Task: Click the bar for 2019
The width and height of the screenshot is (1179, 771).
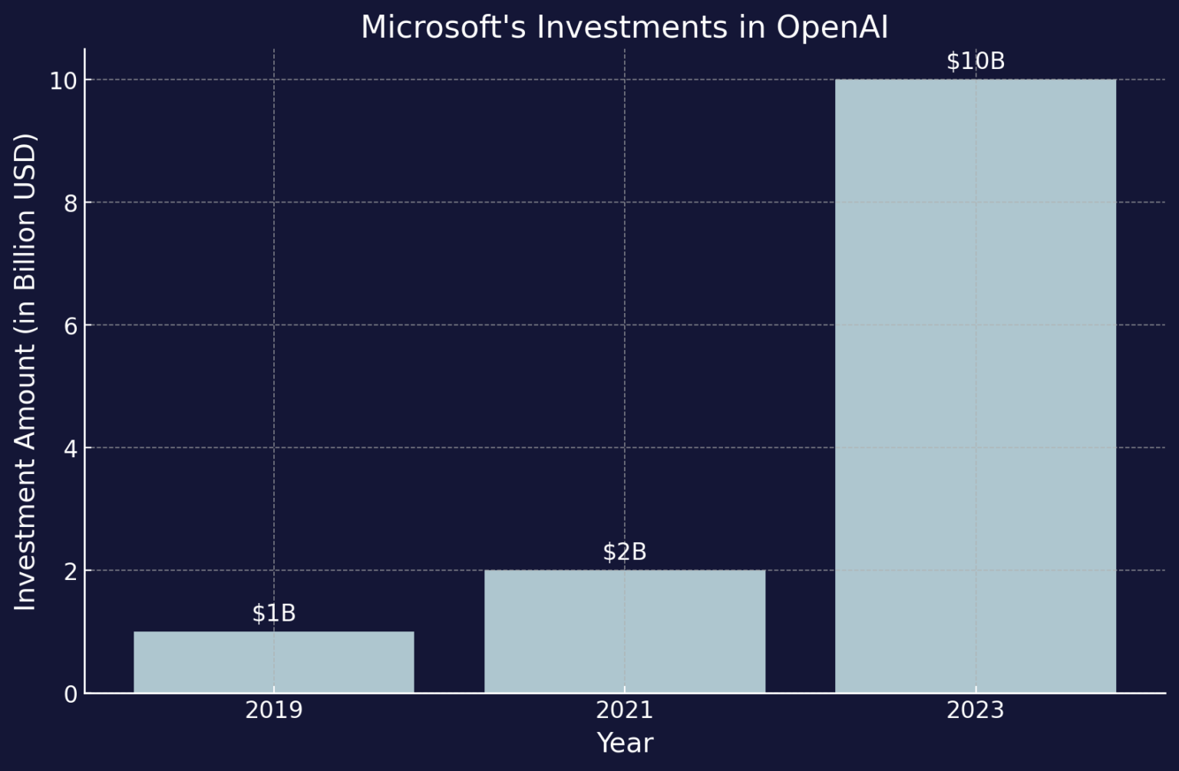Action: click(274, 661)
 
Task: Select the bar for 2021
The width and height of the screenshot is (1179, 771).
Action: click(625, 631)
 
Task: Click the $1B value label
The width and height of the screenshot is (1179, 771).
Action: click(274, 613)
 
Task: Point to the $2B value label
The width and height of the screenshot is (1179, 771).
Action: click(625, 552)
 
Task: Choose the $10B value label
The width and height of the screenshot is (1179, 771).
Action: click(975, 61)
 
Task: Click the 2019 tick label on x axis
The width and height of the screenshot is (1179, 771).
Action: click(274, 710)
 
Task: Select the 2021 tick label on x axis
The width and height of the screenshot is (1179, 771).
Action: click(625, 710)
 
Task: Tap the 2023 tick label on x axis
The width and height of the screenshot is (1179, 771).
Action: click(975, 710)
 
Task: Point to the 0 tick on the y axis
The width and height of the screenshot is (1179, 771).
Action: click(71, 694)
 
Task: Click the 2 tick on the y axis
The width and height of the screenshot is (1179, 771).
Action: click(71, 571)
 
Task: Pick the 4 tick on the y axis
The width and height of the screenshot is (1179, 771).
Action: click(71, 448)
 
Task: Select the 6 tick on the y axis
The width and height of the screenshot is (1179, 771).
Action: click(71, 325)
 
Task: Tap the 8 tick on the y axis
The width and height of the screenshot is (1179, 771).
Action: click(71, 203)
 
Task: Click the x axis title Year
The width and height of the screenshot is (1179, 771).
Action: click(625, 743)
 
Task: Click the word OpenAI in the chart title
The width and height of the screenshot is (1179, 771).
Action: click(832, 27)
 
